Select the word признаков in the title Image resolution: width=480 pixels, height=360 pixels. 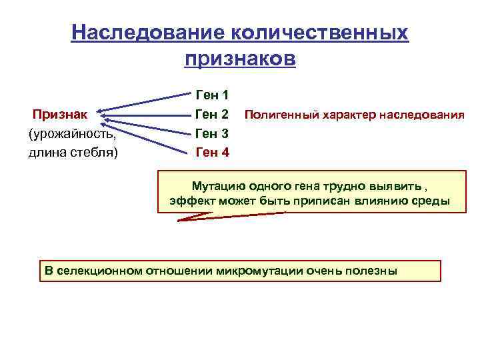[240, 59]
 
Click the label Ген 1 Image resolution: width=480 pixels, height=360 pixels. [212, 95]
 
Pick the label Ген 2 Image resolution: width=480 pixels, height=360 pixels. [212, 114]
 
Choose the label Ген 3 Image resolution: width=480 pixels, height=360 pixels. [212, 133]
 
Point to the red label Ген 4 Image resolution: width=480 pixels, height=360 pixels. [212, 152]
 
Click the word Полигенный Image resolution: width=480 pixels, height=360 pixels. [281, 114]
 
